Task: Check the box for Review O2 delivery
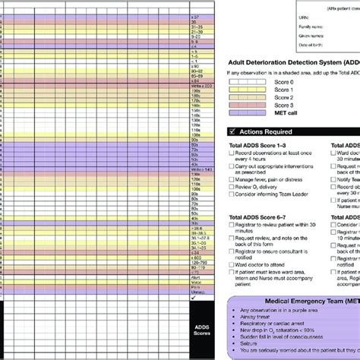tap(232, 197)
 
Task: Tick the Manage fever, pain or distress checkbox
tap(232, 190)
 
